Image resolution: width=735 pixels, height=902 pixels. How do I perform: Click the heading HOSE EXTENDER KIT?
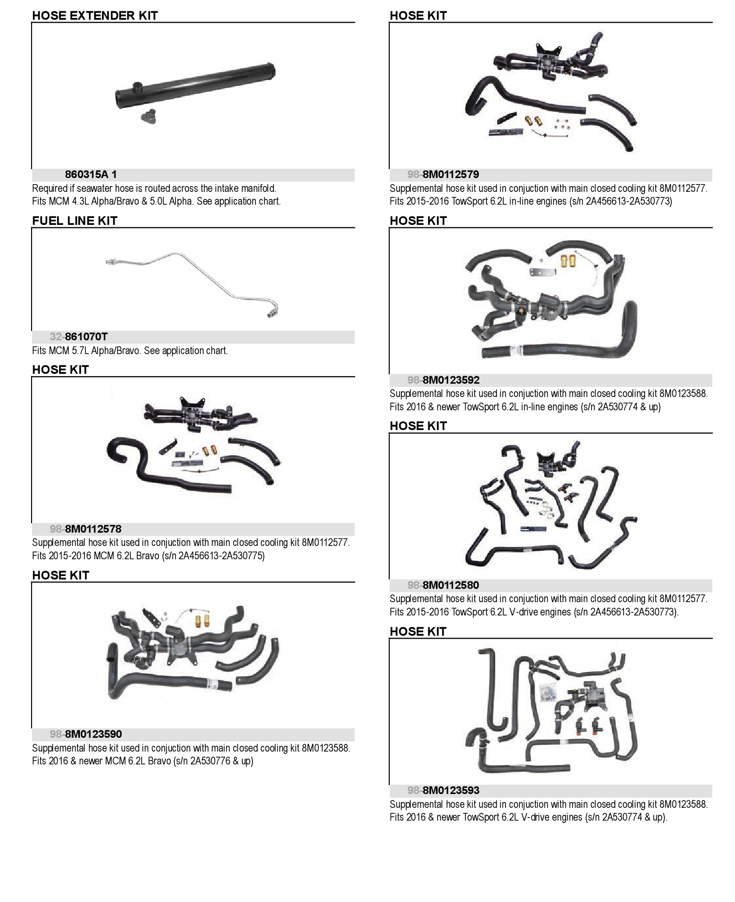point(95,15)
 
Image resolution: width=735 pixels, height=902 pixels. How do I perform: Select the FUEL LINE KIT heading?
point(74,220)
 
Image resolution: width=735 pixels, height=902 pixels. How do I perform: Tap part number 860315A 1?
point(91,175)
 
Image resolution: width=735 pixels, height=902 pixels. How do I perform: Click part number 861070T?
point(86,337)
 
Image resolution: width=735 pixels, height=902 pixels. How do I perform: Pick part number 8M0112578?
point(93,529)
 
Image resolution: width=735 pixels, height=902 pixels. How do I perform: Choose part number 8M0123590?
point(94,734)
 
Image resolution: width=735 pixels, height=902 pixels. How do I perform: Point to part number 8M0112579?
point(451,175)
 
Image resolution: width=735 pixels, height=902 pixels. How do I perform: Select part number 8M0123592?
point(451,380)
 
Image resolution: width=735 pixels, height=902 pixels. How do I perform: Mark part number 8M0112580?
point(451,585)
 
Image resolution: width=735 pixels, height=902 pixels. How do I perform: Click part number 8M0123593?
point(451,791)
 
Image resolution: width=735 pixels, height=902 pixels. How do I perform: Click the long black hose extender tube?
point(195,85)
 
